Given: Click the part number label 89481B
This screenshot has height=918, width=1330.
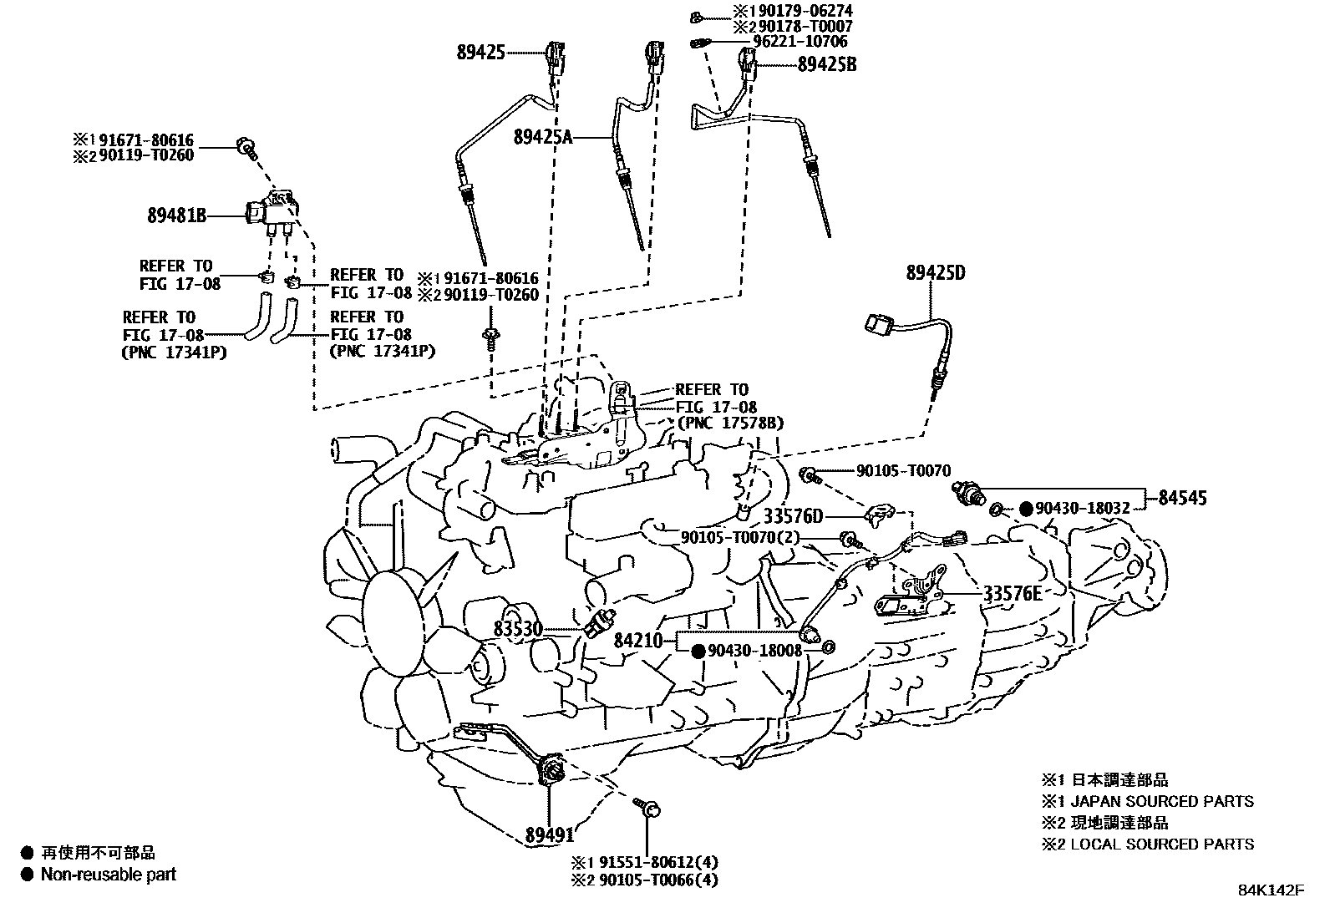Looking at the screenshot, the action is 176,215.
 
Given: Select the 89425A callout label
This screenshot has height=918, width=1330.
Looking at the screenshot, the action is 543,138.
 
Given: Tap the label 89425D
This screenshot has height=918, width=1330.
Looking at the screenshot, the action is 936,272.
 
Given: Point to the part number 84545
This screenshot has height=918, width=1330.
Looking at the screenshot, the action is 1182,498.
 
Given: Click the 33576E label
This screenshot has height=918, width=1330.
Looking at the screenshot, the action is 1013,593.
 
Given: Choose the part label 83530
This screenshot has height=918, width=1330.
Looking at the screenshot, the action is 518,629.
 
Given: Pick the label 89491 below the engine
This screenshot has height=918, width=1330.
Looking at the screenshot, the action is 550,835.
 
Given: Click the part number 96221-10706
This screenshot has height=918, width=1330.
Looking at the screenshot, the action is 800,41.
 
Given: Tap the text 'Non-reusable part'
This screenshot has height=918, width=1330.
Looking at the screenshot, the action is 109,875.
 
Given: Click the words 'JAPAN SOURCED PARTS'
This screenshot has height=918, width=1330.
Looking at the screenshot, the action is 1162,802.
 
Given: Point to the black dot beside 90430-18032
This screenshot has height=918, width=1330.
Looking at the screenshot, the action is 1026,509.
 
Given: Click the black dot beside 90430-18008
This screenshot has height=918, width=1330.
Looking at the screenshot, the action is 698,652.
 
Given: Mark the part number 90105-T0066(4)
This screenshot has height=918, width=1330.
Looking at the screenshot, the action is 658,880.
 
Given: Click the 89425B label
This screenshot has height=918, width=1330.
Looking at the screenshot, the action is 827,64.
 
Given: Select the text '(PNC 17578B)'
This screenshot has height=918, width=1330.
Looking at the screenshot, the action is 730,423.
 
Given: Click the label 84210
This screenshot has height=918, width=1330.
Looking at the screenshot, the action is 638,641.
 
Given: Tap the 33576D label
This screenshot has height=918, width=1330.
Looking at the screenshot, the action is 794,516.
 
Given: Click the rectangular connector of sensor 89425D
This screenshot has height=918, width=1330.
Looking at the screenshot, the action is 878,323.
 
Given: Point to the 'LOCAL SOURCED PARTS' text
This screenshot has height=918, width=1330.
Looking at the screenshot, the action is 1162,844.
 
